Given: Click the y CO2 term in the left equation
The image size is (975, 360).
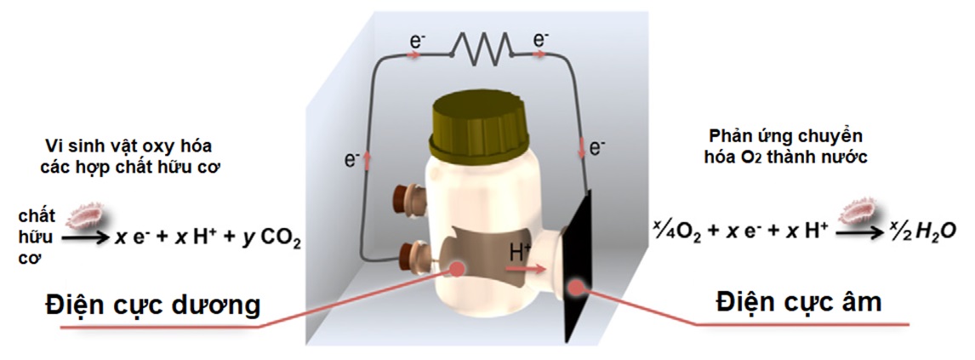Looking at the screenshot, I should point(271,242).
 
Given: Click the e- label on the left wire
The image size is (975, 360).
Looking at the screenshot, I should point(351,158).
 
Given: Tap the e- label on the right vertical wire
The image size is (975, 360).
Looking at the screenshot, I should point(596,147).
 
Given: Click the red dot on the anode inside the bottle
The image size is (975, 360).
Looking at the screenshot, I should point(458,268).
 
